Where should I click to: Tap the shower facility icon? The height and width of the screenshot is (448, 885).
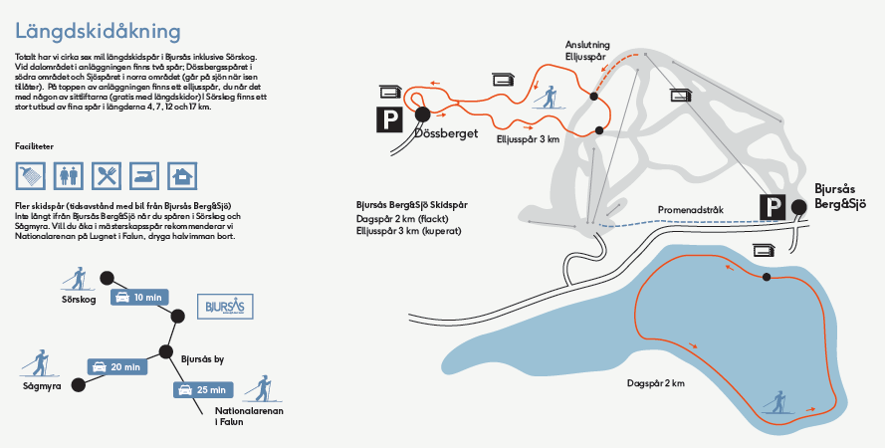pyautogui.click(x=30, y=176)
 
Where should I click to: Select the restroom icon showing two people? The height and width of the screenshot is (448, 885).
pyautogui.click(x=69, y=176)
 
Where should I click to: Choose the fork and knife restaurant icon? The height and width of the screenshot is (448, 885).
pyautogui.click(x=107, y=176)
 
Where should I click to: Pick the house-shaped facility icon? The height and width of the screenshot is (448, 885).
pyautogui.click(x=182, y=176)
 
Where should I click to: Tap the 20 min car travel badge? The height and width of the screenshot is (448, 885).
pyautogui.click(x=117, y=366)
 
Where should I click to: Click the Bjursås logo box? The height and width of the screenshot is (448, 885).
pyautogui.click(x=225, y=305)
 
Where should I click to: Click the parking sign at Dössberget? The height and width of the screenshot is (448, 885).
pyautogui.click(x=388, y=120)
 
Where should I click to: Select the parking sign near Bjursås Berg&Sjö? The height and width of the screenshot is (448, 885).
pyautogui.click(x=773, y=206)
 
